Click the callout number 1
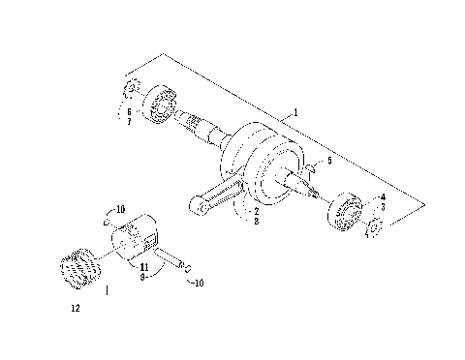pos(294,113)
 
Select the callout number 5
pos(328,160)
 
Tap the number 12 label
pos(75,310)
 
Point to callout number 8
pos(255,222)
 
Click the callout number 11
pos(142,265)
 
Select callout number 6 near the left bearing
pos(127,112)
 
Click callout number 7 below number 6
pos(127,123)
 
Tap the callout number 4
pos(382,197)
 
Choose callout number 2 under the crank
pos(255,210)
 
